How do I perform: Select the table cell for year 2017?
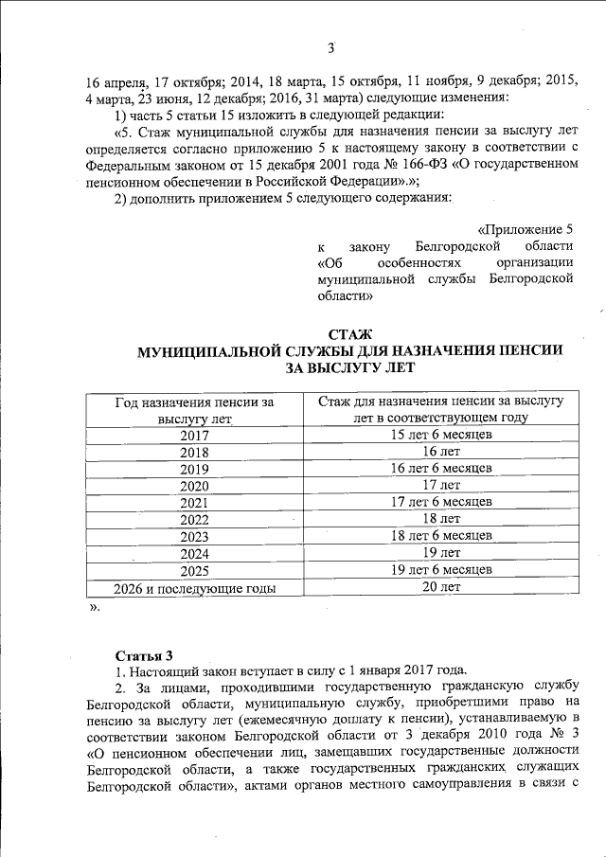193,436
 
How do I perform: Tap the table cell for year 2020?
193,486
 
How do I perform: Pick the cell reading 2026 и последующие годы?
194,588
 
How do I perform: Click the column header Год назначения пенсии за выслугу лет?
193,409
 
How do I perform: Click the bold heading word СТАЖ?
349,333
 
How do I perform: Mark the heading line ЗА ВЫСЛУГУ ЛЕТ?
350,367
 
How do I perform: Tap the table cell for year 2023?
193,537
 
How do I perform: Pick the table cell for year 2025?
193,571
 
